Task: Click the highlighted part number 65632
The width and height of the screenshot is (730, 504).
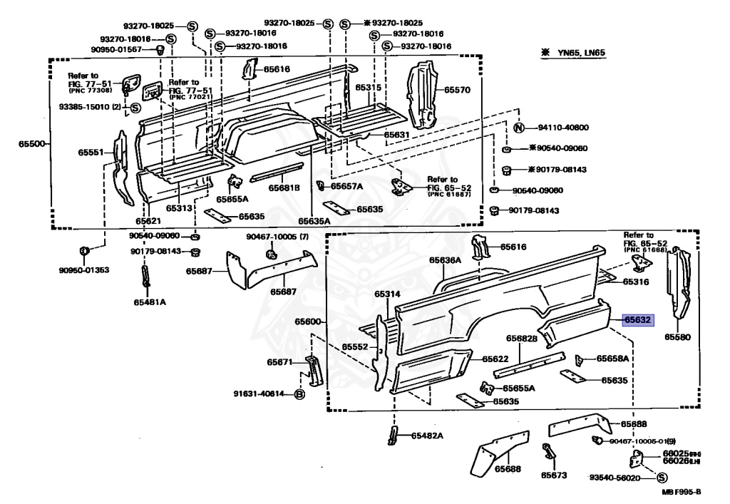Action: [637, 321]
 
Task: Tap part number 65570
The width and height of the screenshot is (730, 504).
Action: [458, 91]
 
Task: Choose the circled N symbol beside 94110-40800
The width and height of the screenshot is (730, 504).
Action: [520, 128]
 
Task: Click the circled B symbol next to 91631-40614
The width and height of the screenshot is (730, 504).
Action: [299, 394]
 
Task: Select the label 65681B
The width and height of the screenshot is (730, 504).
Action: [284, 188]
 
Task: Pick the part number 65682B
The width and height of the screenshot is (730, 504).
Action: [521, 339]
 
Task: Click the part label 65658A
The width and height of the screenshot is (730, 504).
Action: [612, 359]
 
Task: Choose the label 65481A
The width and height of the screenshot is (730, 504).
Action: [149, 302]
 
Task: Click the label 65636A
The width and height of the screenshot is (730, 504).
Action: [445, 261]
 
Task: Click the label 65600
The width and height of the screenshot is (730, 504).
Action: [309, 322]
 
